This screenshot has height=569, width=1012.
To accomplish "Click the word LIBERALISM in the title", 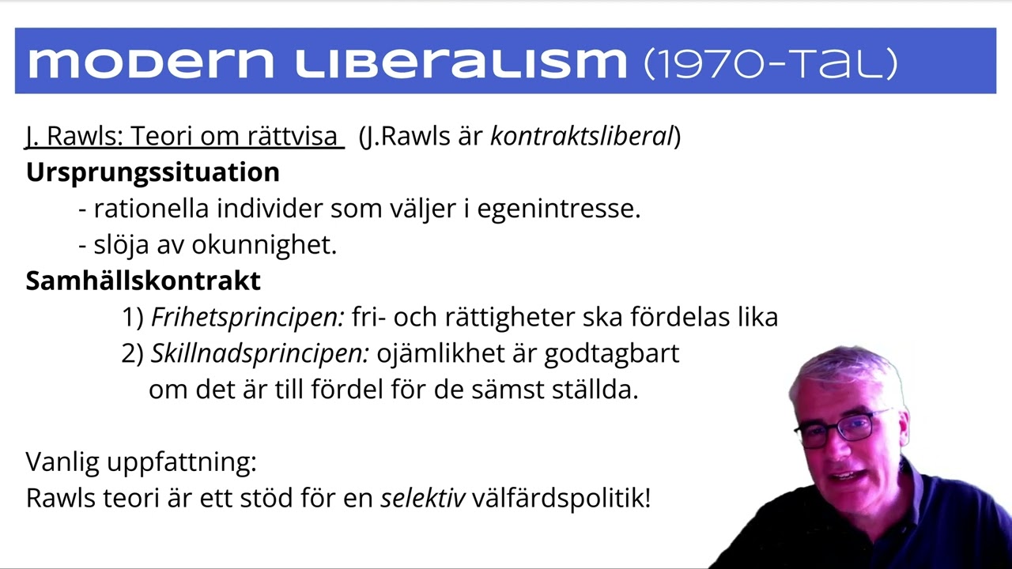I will point(460,62).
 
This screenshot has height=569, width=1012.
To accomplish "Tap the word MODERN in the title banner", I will point(150,62).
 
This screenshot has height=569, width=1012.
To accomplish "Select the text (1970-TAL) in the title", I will point(771,62).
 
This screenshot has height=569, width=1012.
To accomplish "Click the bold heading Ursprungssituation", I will point(153,172).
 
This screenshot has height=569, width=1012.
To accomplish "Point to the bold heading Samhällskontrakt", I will point(143,281).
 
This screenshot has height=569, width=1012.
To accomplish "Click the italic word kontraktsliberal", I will point(581,137).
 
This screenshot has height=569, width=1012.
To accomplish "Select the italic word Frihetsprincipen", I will point(247,318).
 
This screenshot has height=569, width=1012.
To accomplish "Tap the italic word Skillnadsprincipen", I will point(259,354).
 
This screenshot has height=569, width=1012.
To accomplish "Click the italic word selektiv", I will point(423,499).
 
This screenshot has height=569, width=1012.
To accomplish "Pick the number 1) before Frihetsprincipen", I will point(133,318).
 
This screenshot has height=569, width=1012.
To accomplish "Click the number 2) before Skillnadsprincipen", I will point(133,354).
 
